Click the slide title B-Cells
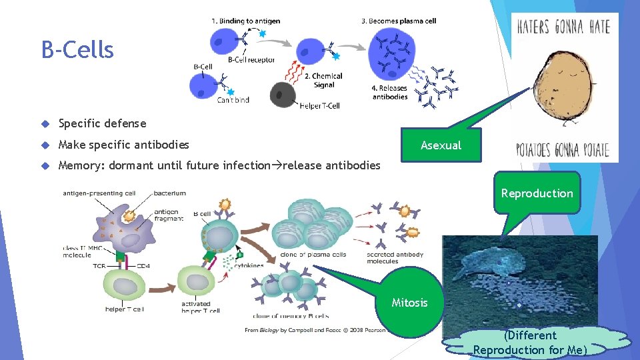pos(77,50)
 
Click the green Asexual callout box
pos(441,145)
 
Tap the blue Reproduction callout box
pos(537,193)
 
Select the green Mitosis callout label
pos(409,302)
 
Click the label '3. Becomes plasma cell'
pos(399,21)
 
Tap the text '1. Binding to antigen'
pos(245,21)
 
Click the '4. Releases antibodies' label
pos(389,92)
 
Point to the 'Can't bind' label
pos(233,101)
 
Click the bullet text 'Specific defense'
pos(102,123)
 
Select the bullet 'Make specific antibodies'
pos(123,145)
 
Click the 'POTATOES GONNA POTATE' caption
pos(563,149)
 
